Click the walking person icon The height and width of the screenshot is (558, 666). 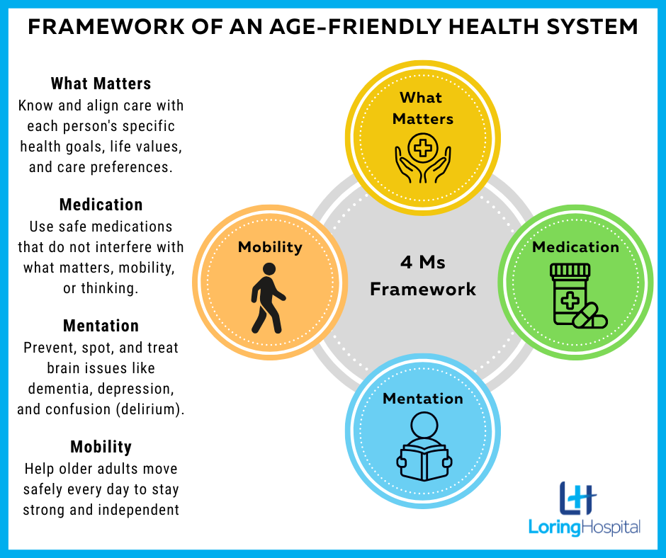[x=268, y=298]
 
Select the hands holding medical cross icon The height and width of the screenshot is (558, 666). [x=422, y=158]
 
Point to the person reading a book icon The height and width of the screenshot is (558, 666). [x=424, y=446]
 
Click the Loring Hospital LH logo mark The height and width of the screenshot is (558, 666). [x=577, y=498]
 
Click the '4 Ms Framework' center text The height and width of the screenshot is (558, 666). [x=422, y=275]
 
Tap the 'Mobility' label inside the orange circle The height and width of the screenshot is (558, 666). [x=270, y=247]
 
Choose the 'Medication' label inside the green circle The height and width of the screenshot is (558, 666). [x=575, y=246]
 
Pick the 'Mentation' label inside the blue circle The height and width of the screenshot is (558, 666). [x=422, y=399]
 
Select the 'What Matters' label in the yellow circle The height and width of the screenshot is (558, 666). [x=422, y=108]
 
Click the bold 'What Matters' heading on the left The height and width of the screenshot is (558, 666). [x=101, y=84]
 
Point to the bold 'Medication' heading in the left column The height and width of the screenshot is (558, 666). [x=101, y=205]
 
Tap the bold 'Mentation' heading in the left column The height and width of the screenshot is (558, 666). [x=101, y=326]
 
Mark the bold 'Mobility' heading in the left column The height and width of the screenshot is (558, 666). [x=101, y=447]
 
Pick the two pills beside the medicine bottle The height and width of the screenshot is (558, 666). [x=589, y=316]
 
